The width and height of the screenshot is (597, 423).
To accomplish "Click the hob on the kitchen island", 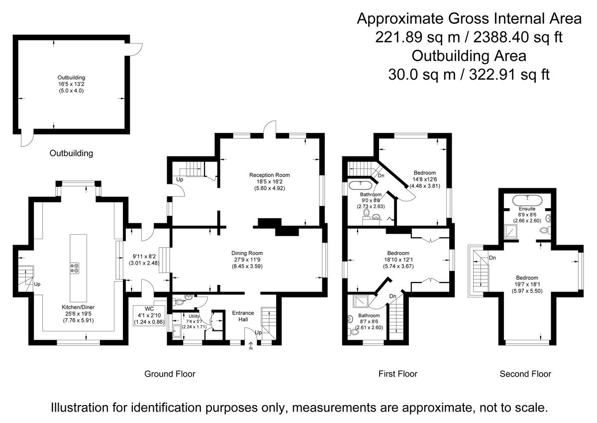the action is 75,268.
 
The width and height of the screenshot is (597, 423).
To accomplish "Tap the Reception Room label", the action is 270,175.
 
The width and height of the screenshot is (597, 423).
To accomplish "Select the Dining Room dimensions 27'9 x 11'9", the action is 247,260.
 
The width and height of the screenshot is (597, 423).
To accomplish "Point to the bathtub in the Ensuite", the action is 527,199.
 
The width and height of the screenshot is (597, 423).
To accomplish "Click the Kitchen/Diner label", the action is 78,307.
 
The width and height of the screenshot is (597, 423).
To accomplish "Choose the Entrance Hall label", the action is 243,316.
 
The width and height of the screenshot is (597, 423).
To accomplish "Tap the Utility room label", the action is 194,316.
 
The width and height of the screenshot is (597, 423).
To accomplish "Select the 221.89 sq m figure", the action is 417,37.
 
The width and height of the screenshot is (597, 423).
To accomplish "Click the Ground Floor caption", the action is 170,374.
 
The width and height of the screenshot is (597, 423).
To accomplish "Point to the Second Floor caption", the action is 525,374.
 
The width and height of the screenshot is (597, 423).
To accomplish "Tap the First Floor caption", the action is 398,374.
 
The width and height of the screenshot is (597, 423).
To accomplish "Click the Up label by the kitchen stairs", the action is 37,284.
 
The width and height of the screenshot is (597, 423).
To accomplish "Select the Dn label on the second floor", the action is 492,258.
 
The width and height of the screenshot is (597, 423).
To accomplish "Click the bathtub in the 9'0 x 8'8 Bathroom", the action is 360,185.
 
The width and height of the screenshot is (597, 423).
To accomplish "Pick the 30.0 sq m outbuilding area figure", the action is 422,75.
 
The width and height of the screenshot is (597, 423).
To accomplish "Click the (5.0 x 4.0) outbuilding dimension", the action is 71,91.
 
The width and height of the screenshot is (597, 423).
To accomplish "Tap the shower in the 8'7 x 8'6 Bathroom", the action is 361,301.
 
